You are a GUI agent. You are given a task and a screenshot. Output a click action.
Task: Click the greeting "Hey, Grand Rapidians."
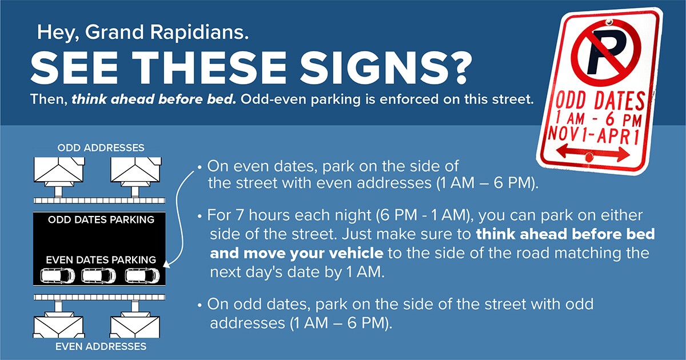[x=143, y=33]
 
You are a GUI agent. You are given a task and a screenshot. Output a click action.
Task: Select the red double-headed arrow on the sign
[x=593, y=153]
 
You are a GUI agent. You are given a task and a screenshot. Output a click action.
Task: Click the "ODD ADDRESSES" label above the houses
[x=101, y=148]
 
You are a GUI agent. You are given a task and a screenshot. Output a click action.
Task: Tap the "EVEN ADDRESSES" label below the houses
[x=101, y=346]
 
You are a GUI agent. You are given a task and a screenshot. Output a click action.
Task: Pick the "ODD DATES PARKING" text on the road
[x=101, y=219]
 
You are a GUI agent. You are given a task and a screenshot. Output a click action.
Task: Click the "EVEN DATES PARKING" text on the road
[x=101, y=260]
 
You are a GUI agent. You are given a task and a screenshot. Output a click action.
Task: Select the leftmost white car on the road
[x=58, y=275]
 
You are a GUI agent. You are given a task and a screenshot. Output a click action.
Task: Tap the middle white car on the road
[x=99, y=275]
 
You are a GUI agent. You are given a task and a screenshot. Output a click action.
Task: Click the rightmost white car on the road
[x=142, y=275]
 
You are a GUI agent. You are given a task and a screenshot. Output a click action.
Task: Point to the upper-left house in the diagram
[x=58, y=169]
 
